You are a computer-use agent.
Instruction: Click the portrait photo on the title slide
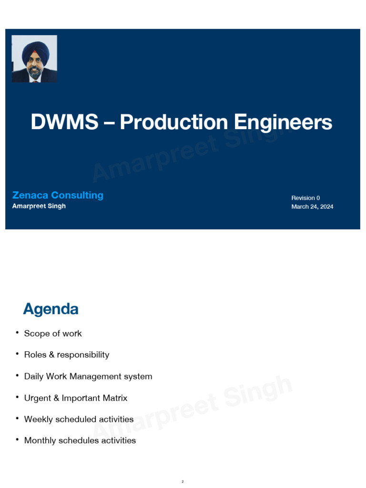pos(34,59)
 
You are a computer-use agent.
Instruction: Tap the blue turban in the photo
pos(35,49)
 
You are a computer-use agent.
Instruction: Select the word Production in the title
pos(174,122)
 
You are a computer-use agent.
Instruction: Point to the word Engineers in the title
pos(283,122)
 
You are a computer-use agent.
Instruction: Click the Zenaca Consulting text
pos(58,195)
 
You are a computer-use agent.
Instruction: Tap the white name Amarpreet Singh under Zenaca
pos(39,206)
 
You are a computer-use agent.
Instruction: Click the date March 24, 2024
pos(312,206)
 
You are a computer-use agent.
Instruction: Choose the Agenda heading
pos(51,309)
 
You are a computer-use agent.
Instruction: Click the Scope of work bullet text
pos(53,334)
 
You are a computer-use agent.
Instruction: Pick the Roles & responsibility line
pos(67,355)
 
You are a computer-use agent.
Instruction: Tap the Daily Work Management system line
pos(88,376)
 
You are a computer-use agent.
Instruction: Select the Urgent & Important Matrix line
pos(76,398)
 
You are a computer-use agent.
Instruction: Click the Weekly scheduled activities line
pos(79,419)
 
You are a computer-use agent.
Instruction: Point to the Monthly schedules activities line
pos(80,440)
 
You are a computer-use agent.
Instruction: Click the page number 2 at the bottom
pos(183,482)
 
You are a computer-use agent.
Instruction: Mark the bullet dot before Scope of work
pos(17,333)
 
